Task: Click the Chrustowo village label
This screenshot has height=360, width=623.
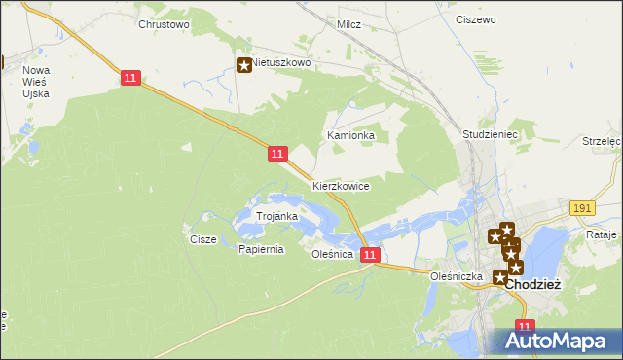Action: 164,24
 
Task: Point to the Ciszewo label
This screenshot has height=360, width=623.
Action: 475,18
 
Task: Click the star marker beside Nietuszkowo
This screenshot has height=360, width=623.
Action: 243,65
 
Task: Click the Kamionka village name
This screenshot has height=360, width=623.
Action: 351,135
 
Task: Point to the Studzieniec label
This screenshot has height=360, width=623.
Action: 490,134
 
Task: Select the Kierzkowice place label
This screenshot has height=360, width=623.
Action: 341,185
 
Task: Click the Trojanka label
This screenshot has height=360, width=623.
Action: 276,215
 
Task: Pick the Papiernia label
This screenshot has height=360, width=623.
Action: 261,249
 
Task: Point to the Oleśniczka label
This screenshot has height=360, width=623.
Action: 458,276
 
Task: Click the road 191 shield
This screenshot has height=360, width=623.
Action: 582,208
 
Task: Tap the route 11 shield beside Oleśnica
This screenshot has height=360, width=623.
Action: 369,254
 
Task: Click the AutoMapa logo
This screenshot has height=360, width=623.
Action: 552,341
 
